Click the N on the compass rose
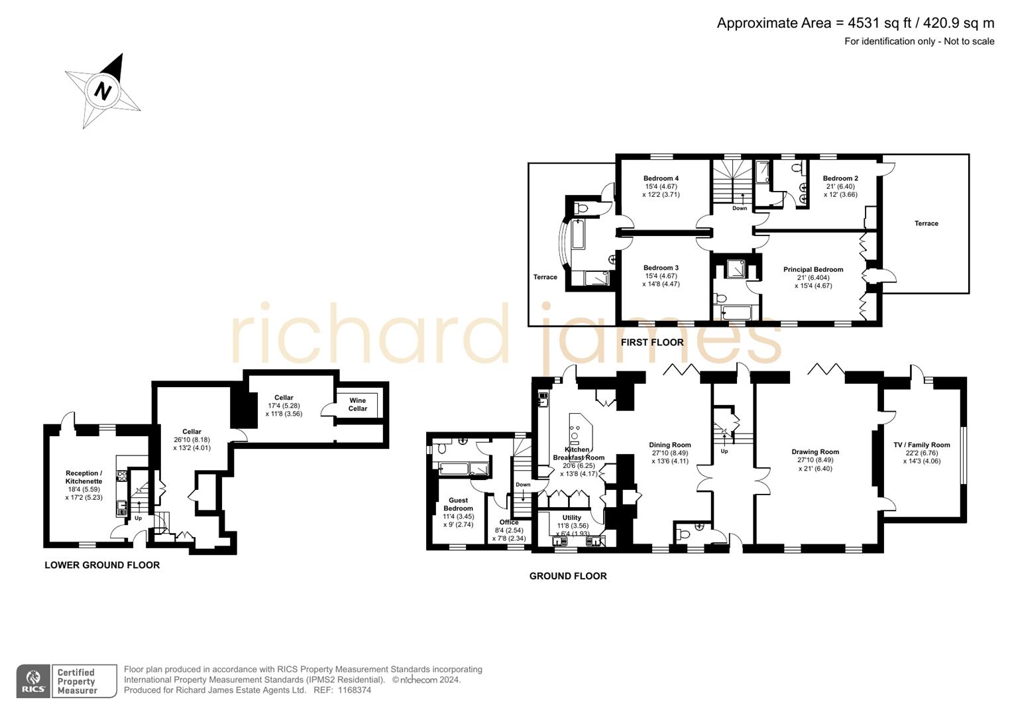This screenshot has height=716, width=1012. [103, 90]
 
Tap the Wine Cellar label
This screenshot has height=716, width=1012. [357, 404]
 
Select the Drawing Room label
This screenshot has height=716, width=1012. [815, 452]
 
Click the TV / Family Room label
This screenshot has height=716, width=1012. [921, 446]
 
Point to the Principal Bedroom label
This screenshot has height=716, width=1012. [813, 270]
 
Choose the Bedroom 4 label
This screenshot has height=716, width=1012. [661, 178]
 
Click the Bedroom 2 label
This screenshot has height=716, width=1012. [840, 178]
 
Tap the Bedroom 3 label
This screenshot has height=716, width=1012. [661, 268]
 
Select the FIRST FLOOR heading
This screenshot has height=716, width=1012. [652, 343]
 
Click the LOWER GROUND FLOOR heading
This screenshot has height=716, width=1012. [102, 566]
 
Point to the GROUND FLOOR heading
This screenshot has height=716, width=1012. [568, 576]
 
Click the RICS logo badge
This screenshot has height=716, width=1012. [32, 681]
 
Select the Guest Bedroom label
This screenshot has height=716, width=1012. [458, 505]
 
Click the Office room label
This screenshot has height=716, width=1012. [509, 522]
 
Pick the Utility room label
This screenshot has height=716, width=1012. [571, 518]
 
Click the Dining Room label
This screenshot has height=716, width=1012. [669, 446]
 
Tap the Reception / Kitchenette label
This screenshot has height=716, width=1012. [84, 477]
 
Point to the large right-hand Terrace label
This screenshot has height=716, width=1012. [926, 223]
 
